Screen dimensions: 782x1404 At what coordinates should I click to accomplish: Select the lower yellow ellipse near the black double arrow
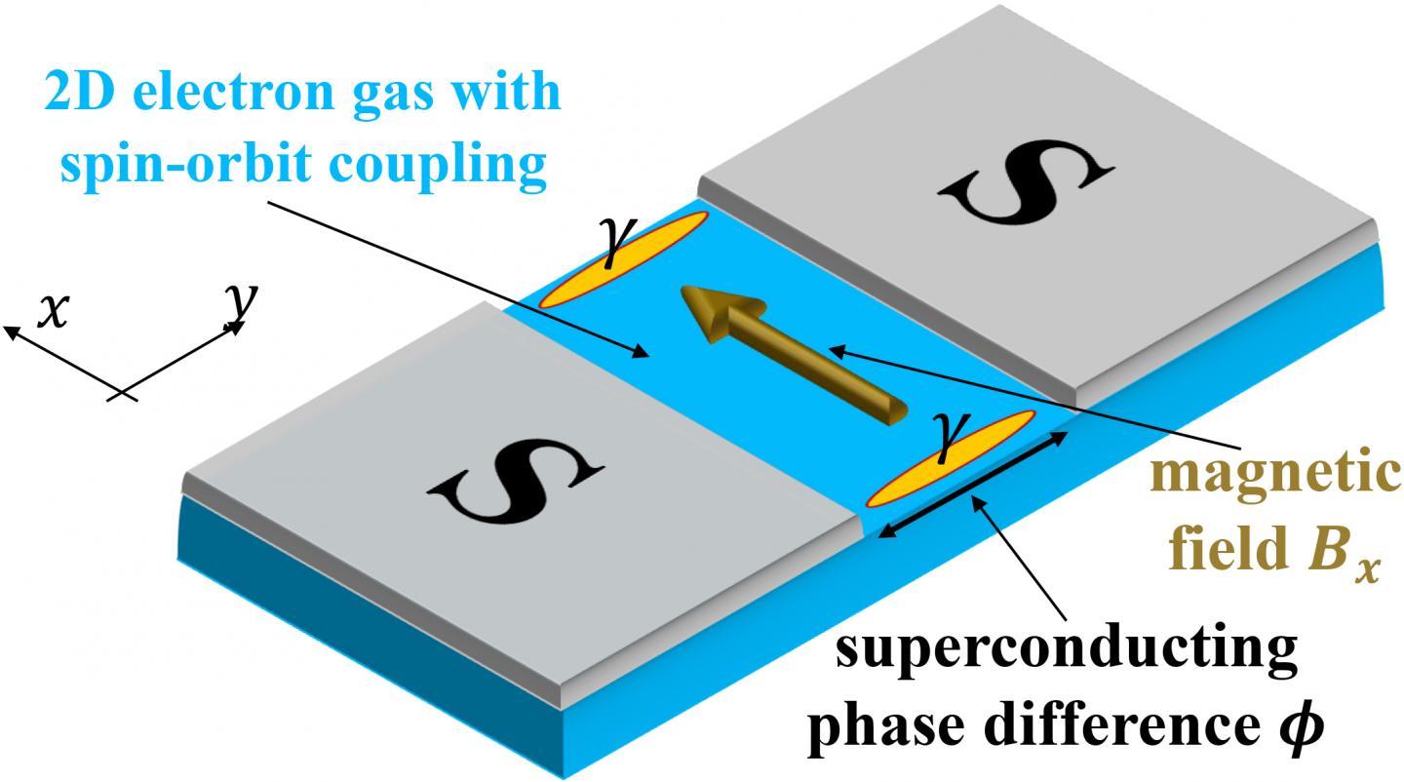tap(951, 458)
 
